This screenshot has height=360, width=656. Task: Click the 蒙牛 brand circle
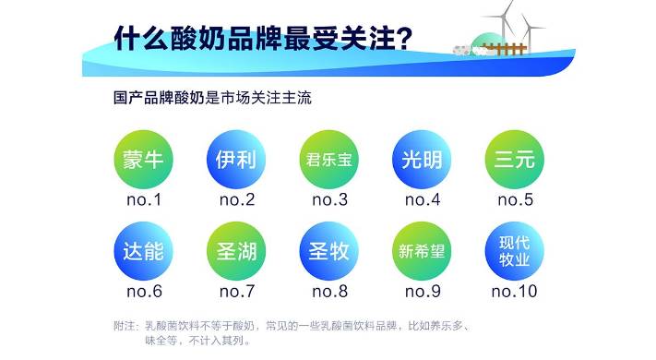[x=143, y=158]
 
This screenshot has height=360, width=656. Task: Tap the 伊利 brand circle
[x=235, y=158]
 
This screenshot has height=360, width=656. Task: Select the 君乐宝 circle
[x=328, y=158]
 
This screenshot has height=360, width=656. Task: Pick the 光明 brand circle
[x=422, y=158]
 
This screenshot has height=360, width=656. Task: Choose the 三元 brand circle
[x=514, y=158]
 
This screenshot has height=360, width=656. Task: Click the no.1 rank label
[x=143, y=199]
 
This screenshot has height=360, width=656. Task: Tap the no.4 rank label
[x=422, y=199]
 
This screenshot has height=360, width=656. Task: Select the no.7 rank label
[x=235, y=292]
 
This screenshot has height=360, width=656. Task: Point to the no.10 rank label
[x=514, y=292]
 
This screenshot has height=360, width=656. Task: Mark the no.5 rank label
[x=514, y=199]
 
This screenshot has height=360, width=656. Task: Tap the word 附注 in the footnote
[x=125, y=326]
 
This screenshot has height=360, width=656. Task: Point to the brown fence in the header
[x=507, y=49]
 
